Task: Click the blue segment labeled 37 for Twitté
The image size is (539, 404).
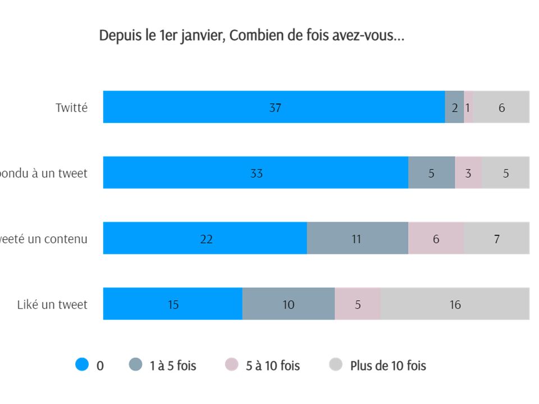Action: pyautogui.click(x=274, y=107)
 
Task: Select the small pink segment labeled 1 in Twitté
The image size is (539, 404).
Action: pyautogui.click(x=468, y=107)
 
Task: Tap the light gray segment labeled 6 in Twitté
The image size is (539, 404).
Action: pyautogui.click(x=501, y=107)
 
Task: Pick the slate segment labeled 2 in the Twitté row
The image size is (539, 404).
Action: pyautogui.click(x=454, y=107)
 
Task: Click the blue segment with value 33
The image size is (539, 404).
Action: pyautogui.click(x=255, y=173)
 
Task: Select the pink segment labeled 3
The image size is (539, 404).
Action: pyautogui.click(x=468, y=173)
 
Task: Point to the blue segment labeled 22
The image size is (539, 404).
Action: pyautogui.click(x=205, y=238)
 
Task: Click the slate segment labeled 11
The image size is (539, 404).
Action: pyautogui.click(x=357, y=238)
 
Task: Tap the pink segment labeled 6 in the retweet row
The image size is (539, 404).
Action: pyautogui.click(x=436, y=238)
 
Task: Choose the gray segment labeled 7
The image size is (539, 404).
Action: pyautogui.click(x=496, y=238)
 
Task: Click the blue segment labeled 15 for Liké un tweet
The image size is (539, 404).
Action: pyautogui.click(x=173, y=304)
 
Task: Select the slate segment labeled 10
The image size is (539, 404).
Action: pyautogui.click(x=289, y=304)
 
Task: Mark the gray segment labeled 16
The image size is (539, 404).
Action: pyautogui.click(x=455, y=304)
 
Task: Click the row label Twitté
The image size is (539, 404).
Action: pyautogui.click(x=71, y=108)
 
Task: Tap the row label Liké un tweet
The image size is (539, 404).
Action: pyautogui.click(x=52, y=305)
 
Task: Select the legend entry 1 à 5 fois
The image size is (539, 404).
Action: pyautogui.click(x=172, y=366)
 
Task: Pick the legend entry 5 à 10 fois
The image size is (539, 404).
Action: pyautogui.click(x=272, y=366)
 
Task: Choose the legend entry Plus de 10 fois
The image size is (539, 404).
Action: pyautogui.click(x=387, y=366)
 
